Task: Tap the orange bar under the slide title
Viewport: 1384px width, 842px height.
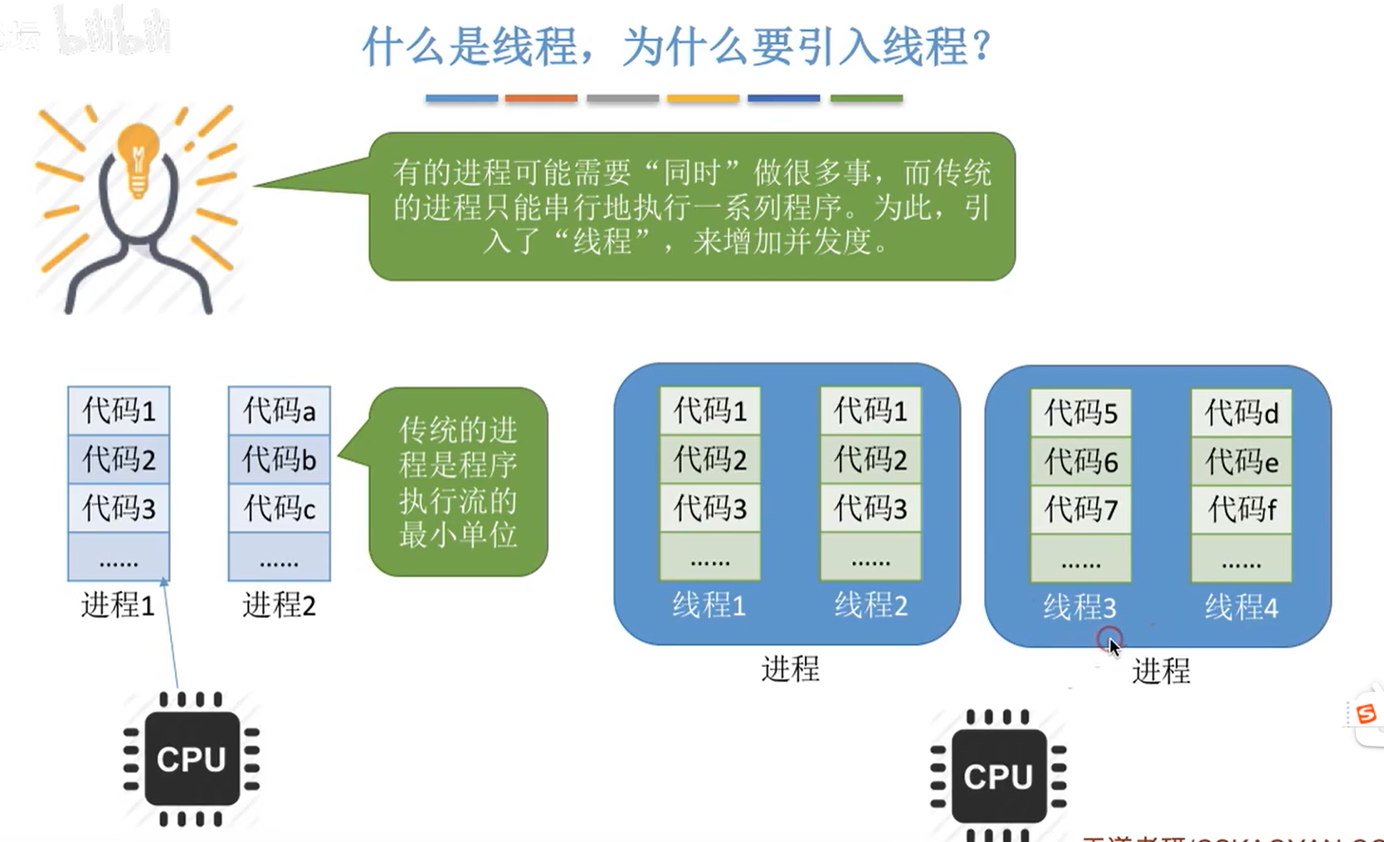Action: (541, 99)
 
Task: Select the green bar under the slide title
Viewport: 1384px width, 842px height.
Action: (866, 99)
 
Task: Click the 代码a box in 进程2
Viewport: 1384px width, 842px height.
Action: (280, 410)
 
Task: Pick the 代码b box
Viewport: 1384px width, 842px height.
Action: (280, 459)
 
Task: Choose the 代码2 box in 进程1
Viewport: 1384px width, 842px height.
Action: (119, 459)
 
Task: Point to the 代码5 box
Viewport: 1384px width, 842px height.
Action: (1080, 412)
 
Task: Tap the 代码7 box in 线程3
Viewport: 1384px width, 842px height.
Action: (1080, 509)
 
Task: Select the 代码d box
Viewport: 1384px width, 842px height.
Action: (1241, 412)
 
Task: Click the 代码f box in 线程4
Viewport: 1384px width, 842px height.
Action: (1241, 509)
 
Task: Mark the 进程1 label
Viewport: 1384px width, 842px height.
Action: (118, 605)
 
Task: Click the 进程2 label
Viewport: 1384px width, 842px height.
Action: (279, 605)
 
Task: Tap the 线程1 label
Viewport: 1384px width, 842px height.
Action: (709, 605)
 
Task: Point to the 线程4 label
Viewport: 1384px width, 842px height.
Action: (1241, 607)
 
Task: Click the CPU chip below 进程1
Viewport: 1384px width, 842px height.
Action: (192, 758)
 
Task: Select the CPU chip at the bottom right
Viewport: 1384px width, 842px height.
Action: (998, 776)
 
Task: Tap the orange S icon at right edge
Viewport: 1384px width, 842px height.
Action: (1366, 713)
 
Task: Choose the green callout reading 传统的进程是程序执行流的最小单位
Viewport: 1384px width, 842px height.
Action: (458, 482)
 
